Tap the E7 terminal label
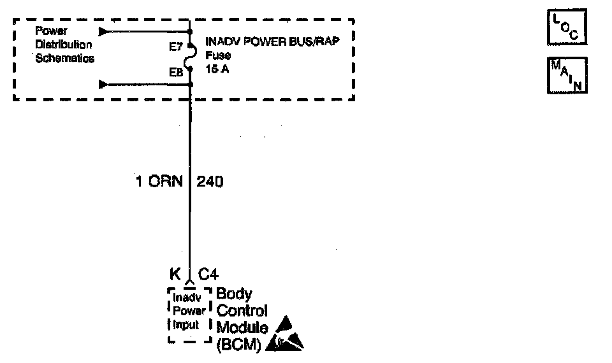[x=175, y=46]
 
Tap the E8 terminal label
[x=175, y=73]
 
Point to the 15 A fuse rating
[x=217, y=69]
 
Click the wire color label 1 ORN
[x=159, y=181]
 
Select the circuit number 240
[x=210, y=181]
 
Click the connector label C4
[x=208, y=274]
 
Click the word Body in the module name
[x=234, y=294]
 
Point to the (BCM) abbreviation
[x=238, y=345]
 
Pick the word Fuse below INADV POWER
[x=217, y=55]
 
